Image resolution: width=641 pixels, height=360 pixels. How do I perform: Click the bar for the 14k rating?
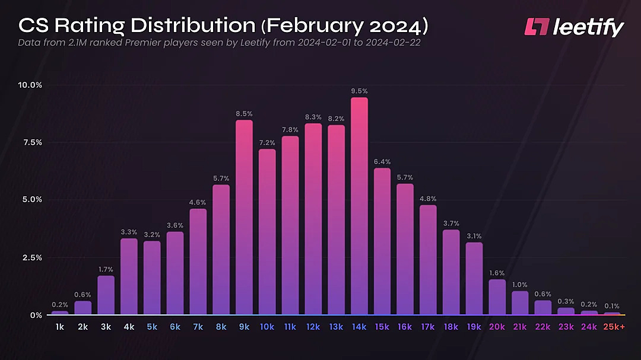[359, 206]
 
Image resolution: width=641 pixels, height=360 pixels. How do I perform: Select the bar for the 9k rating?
[244, 217]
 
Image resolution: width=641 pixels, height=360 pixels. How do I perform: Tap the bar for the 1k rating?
[60, 313]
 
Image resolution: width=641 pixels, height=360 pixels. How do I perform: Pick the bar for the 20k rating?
[497, 297]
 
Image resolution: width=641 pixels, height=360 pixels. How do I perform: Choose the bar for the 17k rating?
[428, 260]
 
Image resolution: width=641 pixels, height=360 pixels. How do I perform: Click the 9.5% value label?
[359, 91]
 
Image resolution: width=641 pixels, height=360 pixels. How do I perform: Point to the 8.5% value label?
[244, 113]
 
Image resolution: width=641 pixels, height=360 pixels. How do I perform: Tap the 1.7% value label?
[106, 269]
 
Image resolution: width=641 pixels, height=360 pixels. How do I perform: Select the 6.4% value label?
[382, 161]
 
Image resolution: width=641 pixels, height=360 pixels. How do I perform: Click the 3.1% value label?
[474, 235]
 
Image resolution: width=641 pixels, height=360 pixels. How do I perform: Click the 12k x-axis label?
[313, 327]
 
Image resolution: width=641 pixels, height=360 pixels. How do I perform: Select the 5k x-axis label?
[152, 327]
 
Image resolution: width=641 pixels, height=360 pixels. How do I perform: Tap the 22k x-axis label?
[542, 327]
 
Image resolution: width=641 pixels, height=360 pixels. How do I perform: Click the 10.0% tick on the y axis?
[30, 85]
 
